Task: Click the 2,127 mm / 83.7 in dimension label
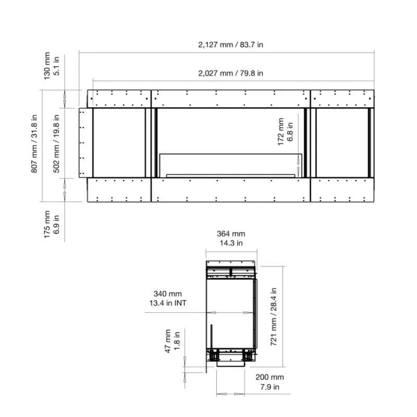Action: (230, 45)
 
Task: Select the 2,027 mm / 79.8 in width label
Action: (230, 73)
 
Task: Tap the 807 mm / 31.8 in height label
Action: (34, 144)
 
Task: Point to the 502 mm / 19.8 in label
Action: (56, 144)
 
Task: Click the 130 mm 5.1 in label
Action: (51, 66)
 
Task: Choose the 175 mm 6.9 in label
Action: (51, 225)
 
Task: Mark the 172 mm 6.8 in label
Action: (285, 132)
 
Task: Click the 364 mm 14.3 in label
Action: (231, 238)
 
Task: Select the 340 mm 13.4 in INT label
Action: (167, 298)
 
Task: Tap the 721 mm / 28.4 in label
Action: (274, 317)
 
